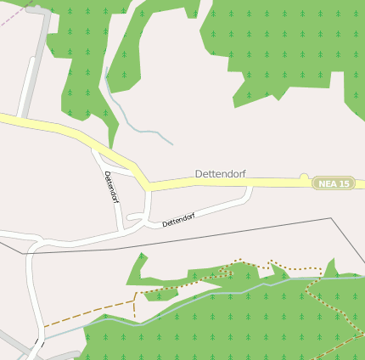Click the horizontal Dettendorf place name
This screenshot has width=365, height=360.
click(x=221, y=174)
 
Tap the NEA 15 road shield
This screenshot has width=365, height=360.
click(x=333, y=183)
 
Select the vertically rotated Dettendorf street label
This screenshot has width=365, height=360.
click(x=111, y=187)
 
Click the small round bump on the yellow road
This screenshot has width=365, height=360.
click(x=303, y=177)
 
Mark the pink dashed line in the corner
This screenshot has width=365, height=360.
click(x=10, y=16)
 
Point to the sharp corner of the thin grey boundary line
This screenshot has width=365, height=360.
click(x=331, y=218)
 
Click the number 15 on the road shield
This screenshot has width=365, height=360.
click(x=344, y=183)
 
